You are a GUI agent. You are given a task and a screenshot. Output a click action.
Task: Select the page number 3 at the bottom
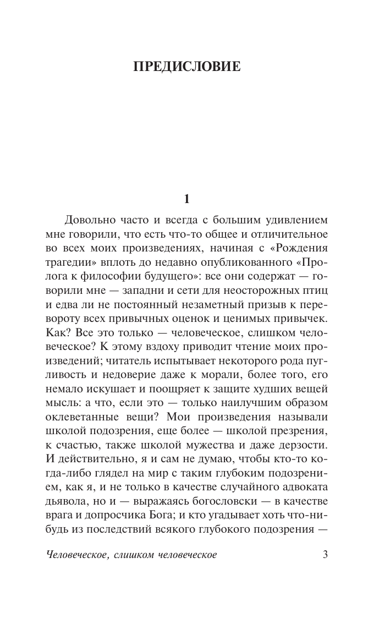tap(325, 555)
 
